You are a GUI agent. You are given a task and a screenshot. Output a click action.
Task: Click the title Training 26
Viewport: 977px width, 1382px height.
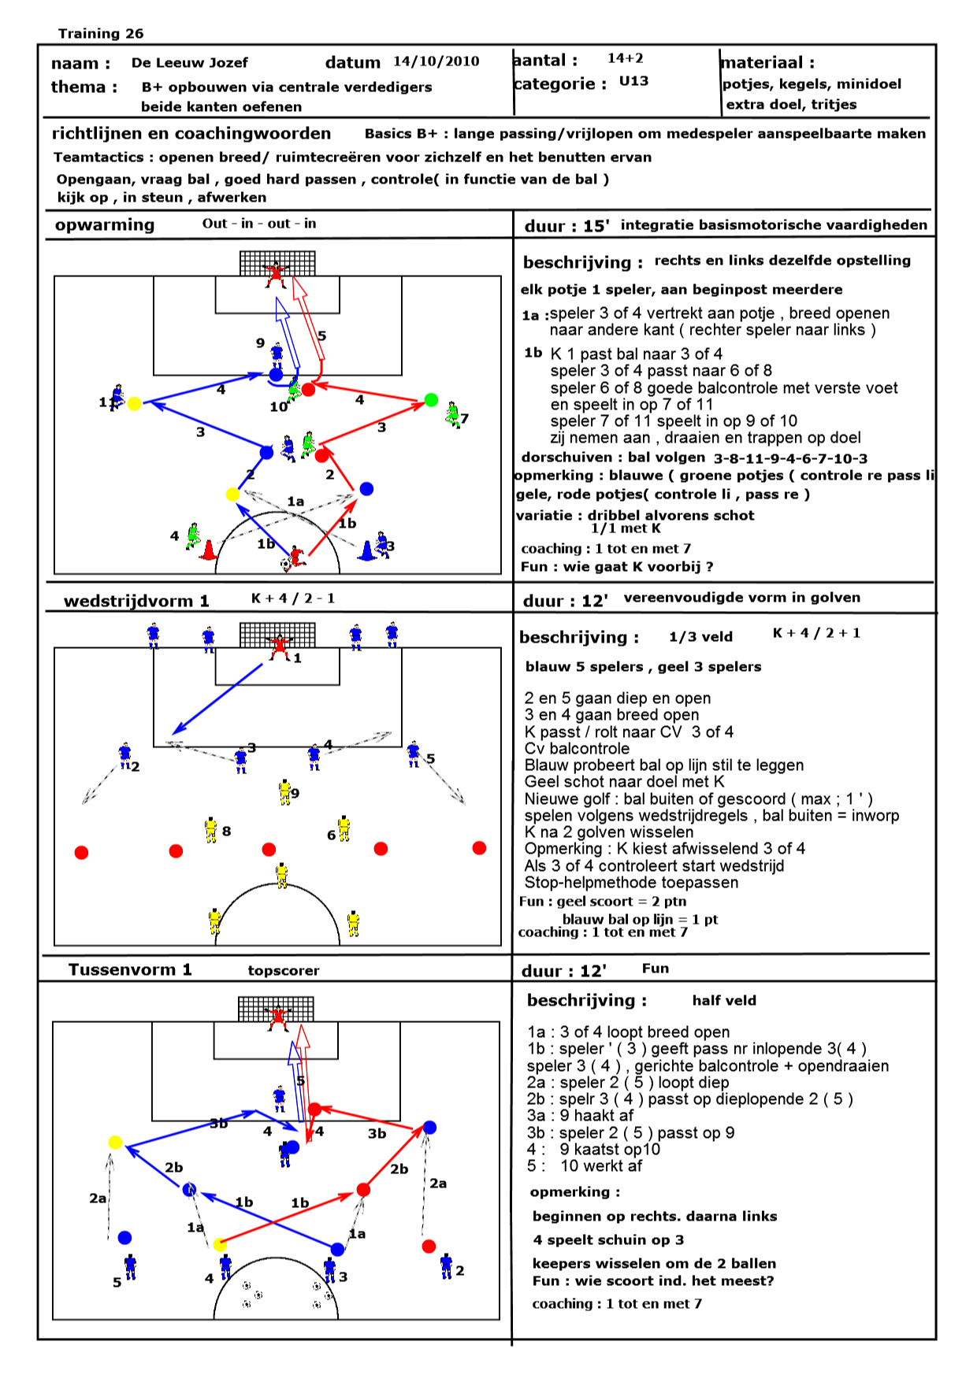(101, 33)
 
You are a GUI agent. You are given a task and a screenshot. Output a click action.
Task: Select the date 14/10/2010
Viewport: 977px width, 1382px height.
(436, 61)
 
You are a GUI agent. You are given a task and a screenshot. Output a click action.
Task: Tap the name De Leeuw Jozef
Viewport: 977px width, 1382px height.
(189, 63)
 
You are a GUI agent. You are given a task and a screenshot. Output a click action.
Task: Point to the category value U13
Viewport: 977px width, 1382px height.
(633, 81)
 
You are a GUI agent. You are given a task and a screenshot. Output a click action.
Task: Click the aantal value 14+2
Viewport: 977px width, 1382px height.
(625, 58)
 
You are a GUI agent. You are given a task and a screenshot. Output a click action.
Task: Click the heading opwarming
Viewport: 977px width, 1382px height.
(105, 225)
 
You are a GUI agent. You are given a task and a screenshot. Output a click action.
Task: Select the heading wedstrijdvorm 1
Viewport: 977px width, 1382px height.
(136, 601)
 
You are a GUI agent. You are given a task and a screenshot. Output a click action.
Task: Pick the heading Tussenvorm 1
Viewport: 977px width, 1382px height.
(130, 969)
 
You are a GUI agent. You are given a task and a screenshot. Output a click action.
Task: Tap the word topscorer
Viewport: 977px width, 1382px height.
(284, 971)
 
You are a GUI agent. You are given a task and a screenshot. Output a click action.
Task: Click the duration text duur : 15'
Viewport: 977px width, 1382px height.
(567, 226)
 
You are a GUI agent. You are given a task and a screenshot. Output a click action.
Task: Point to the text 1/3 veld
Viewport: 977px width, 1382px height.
(700, 637)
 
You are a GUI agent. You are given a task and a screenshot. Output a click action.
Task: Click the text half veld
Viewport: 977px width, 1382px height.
(724, 1001)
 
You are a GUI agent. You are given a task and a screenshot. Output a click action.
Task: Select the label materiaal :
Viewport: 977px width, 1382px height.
(768, 63)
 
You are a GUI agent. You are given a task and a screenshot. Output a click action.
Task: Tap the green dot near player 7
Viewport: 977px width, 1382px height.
(431, 400)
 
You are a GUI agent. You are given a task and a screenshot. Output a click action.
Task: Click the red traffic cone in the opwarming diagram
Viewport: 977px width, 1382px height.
(208, 550)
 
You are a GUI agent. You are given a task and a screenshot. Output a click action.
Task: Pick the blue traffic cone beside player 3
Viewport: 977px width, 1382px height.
(367, 550)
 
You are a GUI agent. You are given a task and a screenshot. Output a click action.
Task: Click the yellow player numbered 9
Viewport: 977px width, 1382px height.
(284, 791)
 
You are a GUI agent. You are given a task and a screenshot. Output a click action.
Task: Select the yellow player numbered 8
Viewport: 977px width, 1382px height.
(210, 830)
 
